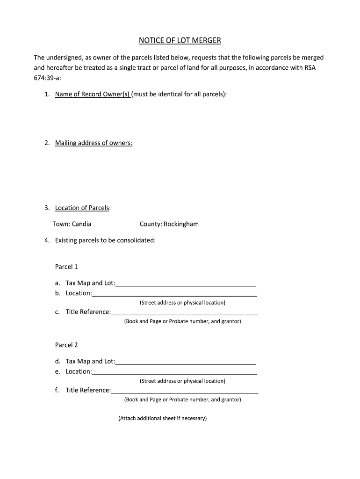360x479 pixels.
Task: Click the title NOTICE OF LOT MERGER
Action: click(180, 41)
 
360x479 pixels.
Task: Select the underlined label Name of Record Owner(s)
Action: click(92, 94)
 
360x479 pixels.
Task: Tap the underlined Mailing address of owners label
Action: click(94, 143)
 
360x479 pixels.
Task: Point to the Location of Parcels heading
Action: click(82, 208)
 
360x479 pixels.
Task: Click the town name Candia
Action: click(81, 224)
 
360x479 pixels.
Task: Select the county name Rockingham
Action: click(181, 224)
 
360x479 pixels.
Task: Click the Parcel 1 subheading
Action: click(66, 267)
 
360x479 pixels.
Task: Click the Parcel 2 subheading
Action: click(66, 345)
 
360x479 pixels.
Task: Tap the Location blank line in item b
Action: click(174, 294)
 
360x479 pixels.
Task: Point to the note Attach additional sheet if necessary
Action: click(162, 418)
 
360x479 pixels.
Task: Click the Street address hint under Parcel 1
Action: click(182, 303)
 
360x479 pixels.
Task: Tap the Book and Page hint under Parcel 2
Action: click(182, 399)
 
